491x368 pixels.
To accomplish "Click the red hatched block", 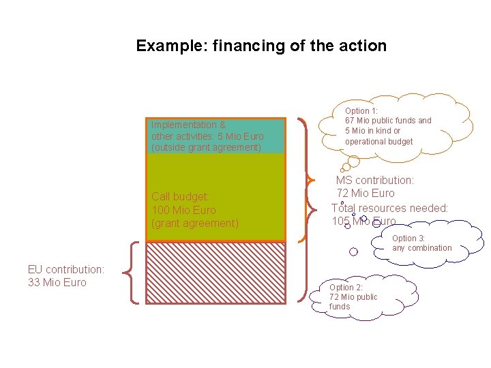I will coord(215,273).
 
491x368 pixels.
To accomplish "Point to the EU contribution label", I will coord(66,269).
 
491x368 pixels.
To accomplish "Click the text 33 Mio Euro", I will coord(57,282).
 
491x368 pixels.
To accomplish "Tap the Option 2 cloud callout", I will coord(355,297).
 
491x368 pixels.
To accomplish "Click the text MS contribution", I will coord(374,181).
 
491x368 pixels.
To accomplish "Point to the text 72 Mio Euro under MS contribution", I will coord(366,194).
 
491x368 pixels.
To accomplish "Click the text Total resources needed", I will coord(390,208).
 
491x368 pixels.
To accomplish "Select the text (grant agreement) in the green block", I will coord(195,224).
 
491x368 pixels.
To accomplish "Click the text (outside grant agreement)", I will coord(206,147).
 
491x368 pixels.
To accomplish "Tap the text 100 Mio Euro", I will coord(183,210).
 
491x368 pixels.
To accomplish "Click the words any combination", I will coord(421,248).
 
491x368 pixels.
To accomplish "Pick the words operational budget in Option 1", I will coord(378,141).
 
